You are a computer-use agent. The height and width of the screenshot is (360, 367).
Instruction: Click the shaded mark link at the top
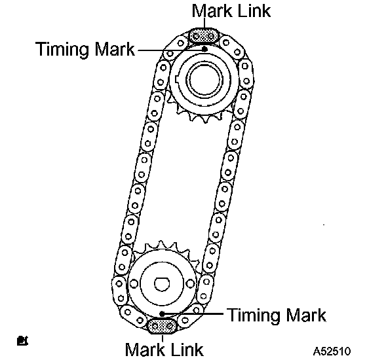coord(203,36)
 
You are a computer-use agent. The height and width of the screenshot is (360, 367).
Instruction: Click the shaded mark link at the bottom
coord(161,326)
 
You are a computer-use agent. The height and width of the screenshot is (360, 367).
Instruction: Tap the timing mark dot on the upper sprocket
coord(204,49)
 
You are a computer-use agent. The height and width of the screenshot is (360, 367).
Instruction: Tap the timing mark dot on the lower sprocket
coord(162,314)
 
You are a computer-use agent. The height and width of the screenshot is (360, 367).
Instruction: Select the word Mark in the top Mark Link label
coord(212,10)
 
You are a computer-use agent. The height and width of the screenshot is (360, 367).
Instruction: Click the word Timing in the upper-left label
coord(63,50)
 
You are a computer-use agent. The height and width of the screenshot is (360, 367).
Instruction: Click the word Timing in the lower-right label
coord(254,315)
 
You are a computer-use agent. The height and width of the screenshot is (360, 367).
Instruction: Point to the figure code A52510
coord(332,351)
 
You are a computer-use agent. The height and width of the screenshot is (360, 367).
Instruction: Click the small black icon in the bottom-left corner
coord(22,341)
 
